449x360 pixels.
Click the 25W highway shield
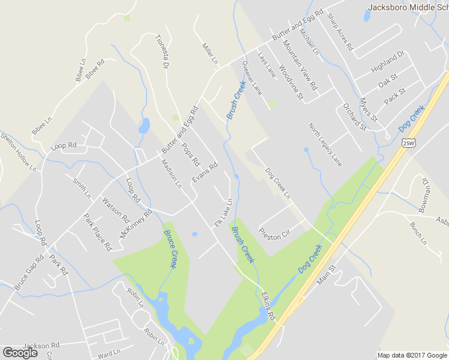point(408,142)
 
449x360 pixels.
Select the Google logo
point(20,353)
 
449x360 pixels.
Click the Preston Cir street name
point(274,233)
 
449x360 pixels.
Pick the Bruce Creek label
point(171,249)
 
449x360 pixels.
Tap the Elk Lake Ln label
point(223,213)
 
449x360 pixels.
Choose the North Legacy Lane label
point(325,145)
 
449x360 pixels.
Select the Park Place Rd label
point(97,232)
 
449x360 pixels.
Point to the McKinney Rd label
point(136,224)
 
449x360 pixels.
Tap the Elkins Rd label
point(268,306)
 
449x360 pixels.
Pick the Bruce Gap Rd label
point(29,272)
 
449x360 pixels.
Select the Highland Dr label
point(388,62)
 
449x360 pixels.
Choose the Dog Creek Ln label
point(277,183)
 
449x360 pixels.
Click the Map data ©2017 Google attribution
point(412,355)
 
